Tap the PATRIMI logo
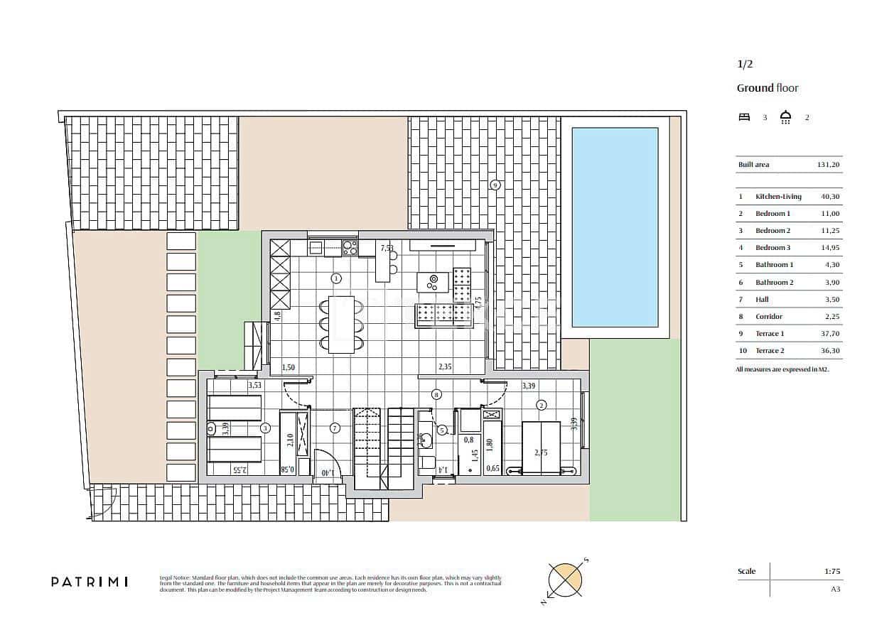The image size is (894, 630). click(x=90, y=582)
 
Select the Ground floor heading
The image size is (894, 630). click(x=767, y=88)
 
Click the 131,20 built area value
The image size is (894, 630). click(x=828, y=165)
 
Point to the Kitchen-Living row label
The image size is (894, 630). click(x=778, y=197)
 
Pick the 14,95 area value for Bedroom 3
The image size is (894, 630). click(x=829, y=248)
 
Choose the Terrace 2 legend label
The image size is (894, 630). click(x=770, y=351)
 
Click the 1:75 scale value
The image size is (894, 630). click(x=832, y=571)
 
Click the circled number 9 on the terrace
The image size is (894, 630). click(x=495, y=185)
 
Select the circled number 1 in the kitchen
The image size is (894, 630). click(x=336, y=278)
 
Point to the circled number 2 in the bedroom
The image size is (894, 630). click(x=542, y=405)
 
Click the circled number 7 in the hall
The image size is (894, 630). click(x=335, y=428)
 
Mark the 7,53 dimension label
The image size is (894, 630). click(x=387, y=249)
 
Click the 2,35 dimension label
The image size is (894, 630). click(x=445, y=367)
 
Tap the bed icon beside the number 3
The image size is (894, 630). click(x=744, y=117)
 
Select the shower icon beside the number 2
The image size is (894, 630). click(x=786, y=117)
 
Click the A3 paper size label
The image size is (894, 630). click(x=835, y=589)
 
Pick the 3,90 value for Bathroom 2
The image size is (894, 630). click(x=829, y=283)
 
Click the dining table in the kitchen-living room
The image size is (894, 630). click(x=340, y=324)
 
